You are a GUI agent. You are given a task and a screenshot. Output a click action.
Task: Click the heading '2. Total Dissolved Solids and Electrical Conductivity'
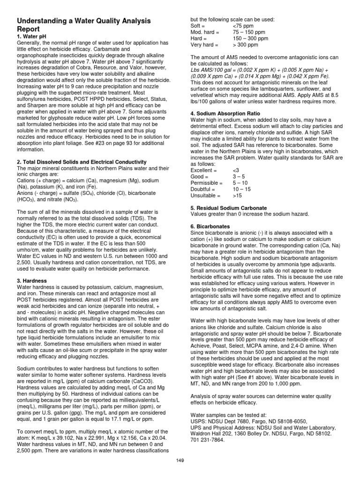[82, 162]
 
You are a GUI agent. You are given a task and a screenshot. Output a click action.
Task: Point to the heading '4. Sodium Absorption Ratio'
[225, 113]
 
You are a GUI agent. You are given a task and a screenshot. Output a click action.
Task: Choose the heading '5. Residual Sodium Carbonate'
[229, 208]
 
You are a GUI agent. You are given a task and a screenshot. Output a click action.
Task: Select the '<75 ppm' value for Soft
[243, 25]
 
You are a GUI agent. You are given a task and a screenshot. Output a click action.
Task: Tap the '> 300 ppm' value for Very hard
[245, 45]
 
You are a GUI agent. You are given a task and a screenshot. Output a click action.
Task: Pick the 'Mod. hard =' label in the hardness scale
[205, 32]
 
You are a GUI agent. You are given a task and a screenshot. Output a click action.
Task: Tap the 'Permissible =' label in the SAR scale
[207, 182]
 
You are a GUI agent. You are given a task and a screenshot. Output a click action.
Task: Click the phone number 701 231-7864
[209, 440]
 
